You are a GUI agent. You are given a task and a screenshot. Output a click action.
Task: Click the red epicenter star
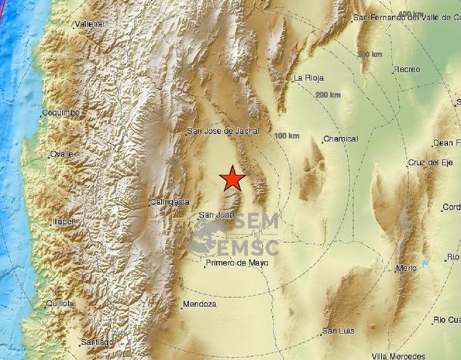pyautogui.click(x=233, y=178)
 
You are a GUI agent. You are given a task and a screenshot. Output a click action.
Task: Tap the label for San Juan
pyautogui.click(x=214, y=215)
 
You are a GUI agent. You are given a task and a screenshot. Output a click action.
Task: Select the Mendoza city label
pyautogui.click(x=200, y=304)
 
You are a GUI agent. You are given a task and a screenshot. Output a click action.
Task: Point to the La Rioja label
pyautogui.click(x=308, y=78)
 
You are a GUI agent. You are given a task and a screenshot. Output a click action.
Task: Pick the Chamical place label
pyautogui.click(x=339, y=138)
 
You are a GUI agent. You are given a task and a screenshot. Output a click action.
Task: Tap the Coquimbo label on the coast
pyautogui.click(x=61, y=113)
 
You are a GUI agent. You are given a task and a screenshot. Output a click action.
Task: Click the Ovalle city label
pyautogui.click(x=62, y=154)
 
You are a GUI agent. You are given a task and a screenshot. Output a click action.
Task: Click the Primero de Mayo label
pyautogui.click(x=237, y=262)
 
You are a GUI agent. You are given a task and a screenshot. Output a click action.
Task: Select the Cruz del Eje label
pyautogui.click(x=429, y=163)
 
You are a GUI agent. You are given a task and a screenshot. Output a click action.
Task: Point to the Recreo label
pyautogui.click(x=407, y=70)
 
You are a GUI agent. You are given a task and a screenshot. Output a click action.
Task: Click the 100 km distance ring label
pyautogui.click(x=287, y=135)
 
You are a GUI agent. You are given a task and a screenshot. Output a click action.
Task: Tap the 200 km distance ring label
pyautogui.click(x=328, y=95)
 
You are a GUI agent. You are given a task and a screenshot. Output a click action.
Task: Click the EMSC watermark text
pyautogui.click(x=248, y=246)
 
